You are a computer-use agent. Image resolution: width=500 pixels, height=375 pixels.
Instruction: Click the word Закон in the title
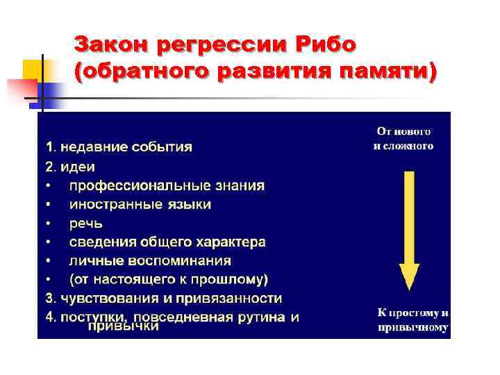pyautogui.click(x=111, y=45)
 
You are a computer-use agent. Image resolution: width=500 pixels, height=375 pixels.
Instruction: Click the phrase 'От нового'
pyautogui.click(x=404, y=131)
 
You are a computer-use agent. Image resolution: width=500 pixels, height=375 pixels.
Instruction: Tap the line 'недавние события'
pyautogui.click(x=126, y=147)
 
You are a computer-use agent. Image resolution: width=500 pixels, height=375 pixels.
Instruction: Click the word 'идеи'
pyautogui.click(x=83, y=167)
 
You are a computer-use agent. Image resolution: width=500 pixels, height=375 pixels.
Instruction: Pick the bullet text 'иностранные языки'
pyautogui.click(x=140, y=205)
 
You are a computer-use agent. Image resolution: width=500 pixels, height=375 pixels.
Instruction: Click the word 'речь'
pyautogui.click(x=86, y=224)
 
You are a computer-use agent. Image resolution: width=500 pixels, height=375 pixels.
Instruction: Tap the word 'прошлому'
pyautogui.click(x=228, y=280)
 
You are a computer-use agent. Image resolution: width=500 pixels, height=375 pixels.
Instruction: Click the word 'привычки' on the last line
pyautogui.click(x=124, y=326)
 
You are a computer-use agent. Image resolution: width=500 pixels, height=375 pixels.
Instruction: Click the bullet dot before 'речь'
pyautogui.click(x=48, y=224)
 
